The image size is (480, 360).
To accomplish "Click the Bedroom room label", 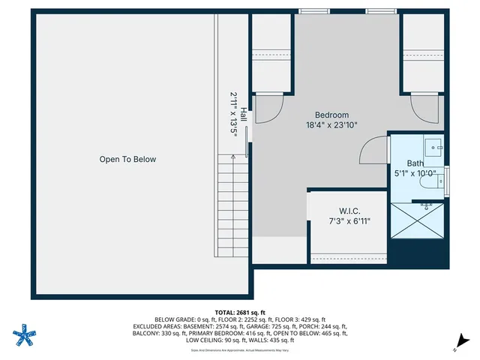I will [331, 115].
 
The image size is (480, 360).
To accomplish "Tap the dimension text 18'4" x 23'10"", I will [331, 125].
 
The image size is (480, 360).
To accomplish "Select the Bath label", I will [415, 163].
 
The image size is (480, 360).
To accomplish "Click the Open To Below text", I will [128, 159].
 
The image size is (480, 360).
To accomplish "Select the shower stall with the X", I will [416, 223].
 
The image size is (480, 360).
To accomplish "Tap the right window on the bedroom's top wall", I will [376, 11].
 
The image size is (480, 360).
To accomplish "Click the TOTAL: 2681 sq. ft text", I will [240, 312].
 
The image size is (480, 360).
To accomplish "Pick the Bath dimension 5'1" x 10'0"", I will [415, 173].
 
